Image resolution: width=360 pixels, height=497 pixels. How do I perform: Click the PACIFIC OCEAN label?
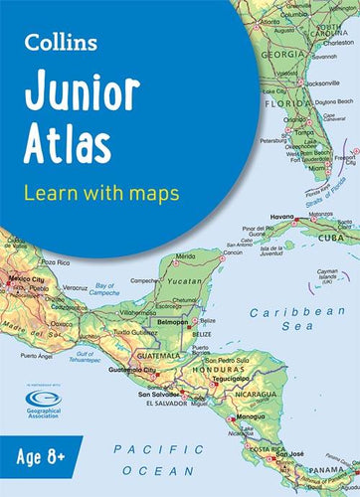coord(164,458)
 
